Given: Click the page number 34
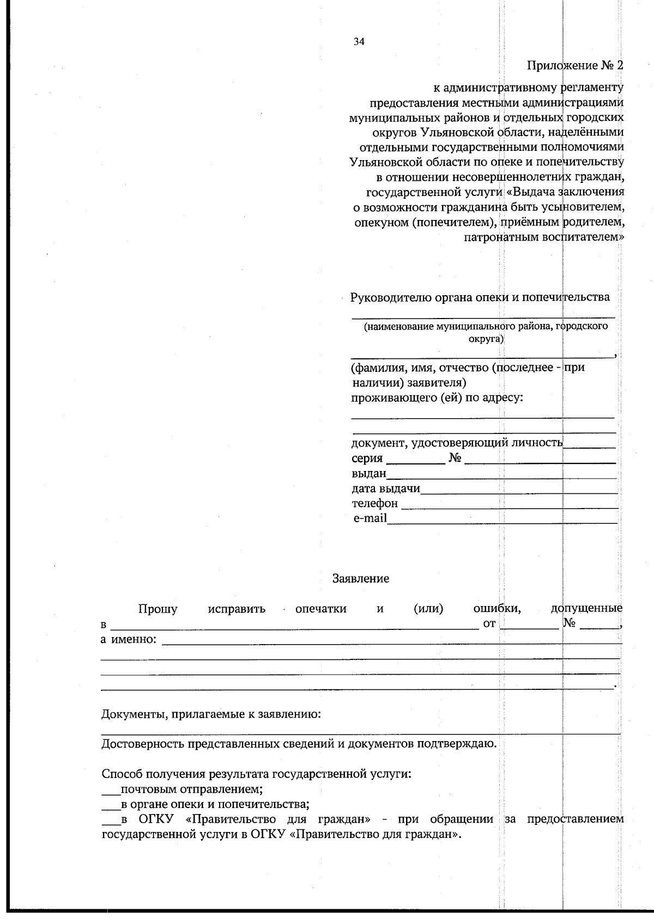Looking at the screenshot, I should [359, 42].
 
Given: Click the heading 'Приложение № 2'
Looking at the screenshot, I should [574, 66].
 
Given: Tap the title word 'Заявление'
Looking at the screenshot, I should [360, 579].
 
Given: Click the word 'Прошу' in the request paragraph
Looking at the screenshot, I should [158, 609].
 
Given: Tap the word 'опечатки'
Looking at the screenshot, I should [320, 609].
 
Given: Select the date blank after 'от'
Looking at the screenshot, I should [529, 627].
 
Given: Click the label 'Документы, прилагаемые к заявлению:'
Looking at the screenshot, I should [211, 714].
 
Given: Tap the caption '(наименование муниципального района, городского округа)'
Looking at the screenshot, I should [486, 332].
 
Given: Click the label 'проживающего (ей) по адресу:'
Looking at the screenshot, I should [437, 397].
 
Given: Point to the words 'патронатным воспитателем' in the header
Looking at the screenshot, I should [542, 237].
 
